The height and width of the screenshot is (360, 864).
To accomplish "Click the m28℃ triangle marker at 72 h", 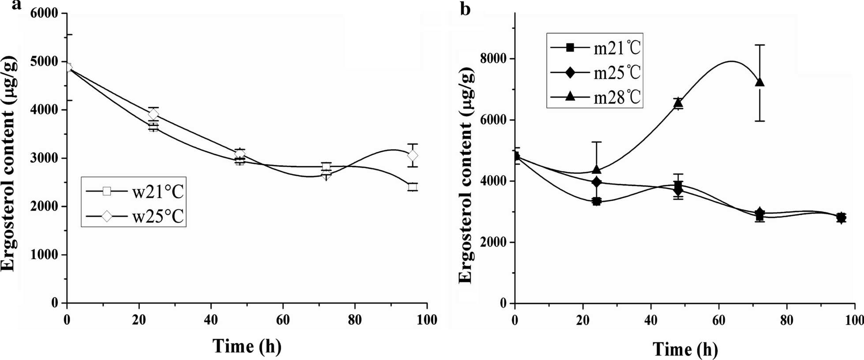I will point(759,82).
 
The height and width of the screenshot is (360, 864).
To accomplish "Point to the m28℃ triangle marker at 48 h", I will point(678,103).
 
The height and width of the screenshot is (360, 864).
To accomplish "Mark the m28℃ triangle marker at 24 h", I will point(597,169).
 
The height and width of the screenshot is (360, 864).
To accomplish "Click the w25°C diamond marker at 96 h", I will point(413,155).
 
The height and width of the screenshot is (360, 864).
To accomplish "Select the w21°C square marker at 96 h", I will point(413,187).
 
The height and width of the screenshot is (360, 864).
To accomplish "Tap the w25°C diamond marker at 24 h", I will point(153,115).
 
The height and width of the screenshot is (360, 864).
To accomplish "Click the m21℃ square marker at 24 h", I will point(597,202).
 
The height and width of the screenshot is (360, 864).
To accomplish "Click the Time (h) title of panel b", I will point(685,349).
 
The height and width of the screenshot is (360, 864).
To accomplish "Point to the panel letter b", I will point(465,8).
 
